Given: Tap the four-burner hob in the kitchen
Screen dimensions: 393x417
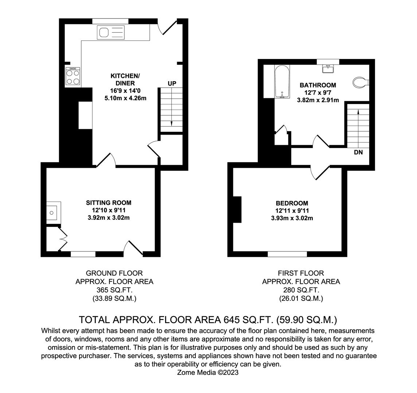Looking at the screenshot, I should pos(73,77).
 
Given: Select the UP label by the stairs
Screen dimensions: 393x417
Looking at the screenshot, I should pos(172,84).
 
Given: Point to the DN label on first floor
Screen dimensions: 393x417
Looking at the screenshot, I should pos(358,152).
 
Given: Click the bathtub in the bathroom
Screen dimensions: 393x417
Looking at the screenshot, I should pos(282,82).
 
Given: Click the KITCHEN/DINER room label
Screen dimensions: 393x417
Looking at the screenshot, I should pos(125,80).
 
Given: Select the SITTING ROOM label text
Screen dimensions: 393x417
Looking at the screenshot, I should pos(109,203).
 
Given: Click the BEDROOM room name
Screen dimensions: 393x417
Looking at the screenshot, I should pos(292,203).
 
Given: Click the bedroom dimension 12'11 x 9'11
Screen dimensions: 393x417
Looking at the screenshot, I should pos(292,211).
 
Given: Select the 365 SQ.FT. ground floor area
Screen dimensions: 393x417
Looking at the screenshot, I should pos(114,290).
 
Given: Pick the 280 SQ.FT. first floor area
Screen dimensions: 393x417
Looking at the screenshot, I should pos(301,290).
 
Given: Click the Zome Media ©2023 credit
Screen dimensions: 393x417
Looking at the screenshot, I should pos(208,372).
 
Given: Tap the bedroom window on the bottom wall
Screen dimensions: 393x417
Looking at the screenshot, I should pos(287,254).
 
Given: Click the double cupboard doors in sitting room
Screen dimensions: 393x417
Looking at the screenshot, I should pos(62,239).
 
